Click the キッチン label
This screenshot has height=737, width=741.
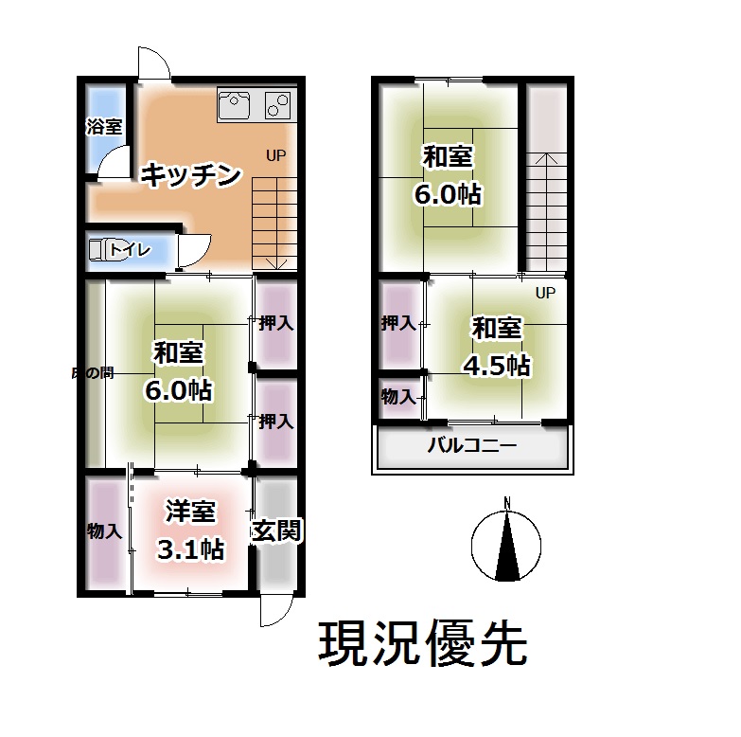click(x=192, y=175)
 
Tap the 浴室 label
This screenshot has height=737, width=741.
click(x=103, y=126)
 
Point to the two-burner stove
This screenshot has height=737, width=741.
click(x=279, y=102)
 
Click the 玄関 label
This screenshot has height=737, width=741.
click(x=275, y=530)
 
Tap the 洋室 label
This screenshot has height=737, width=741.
click(x=191, y=512)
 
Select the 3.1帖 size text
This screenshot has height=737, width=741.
click(x=191, y=548)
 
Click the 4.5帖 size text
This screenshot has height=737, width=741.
click(x=496, y=365)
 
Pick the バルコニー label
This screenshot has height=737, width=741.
click(x=472, y=447)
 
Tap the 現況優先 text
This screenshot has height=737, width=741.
click(x=422, y=645)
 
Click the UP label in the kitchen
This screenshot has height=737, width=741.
click(x=275, y=155)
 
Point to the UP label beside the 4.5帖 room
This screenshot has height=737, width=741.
click(x=545, y=293)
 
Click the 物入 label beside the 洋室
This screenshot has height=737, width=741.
click(x=104, y=530)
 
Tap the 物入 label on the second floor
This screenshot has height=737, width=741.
click(x=398, y=396)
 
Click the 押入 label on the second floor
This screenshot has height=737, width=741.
click(x=398, y=323)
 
